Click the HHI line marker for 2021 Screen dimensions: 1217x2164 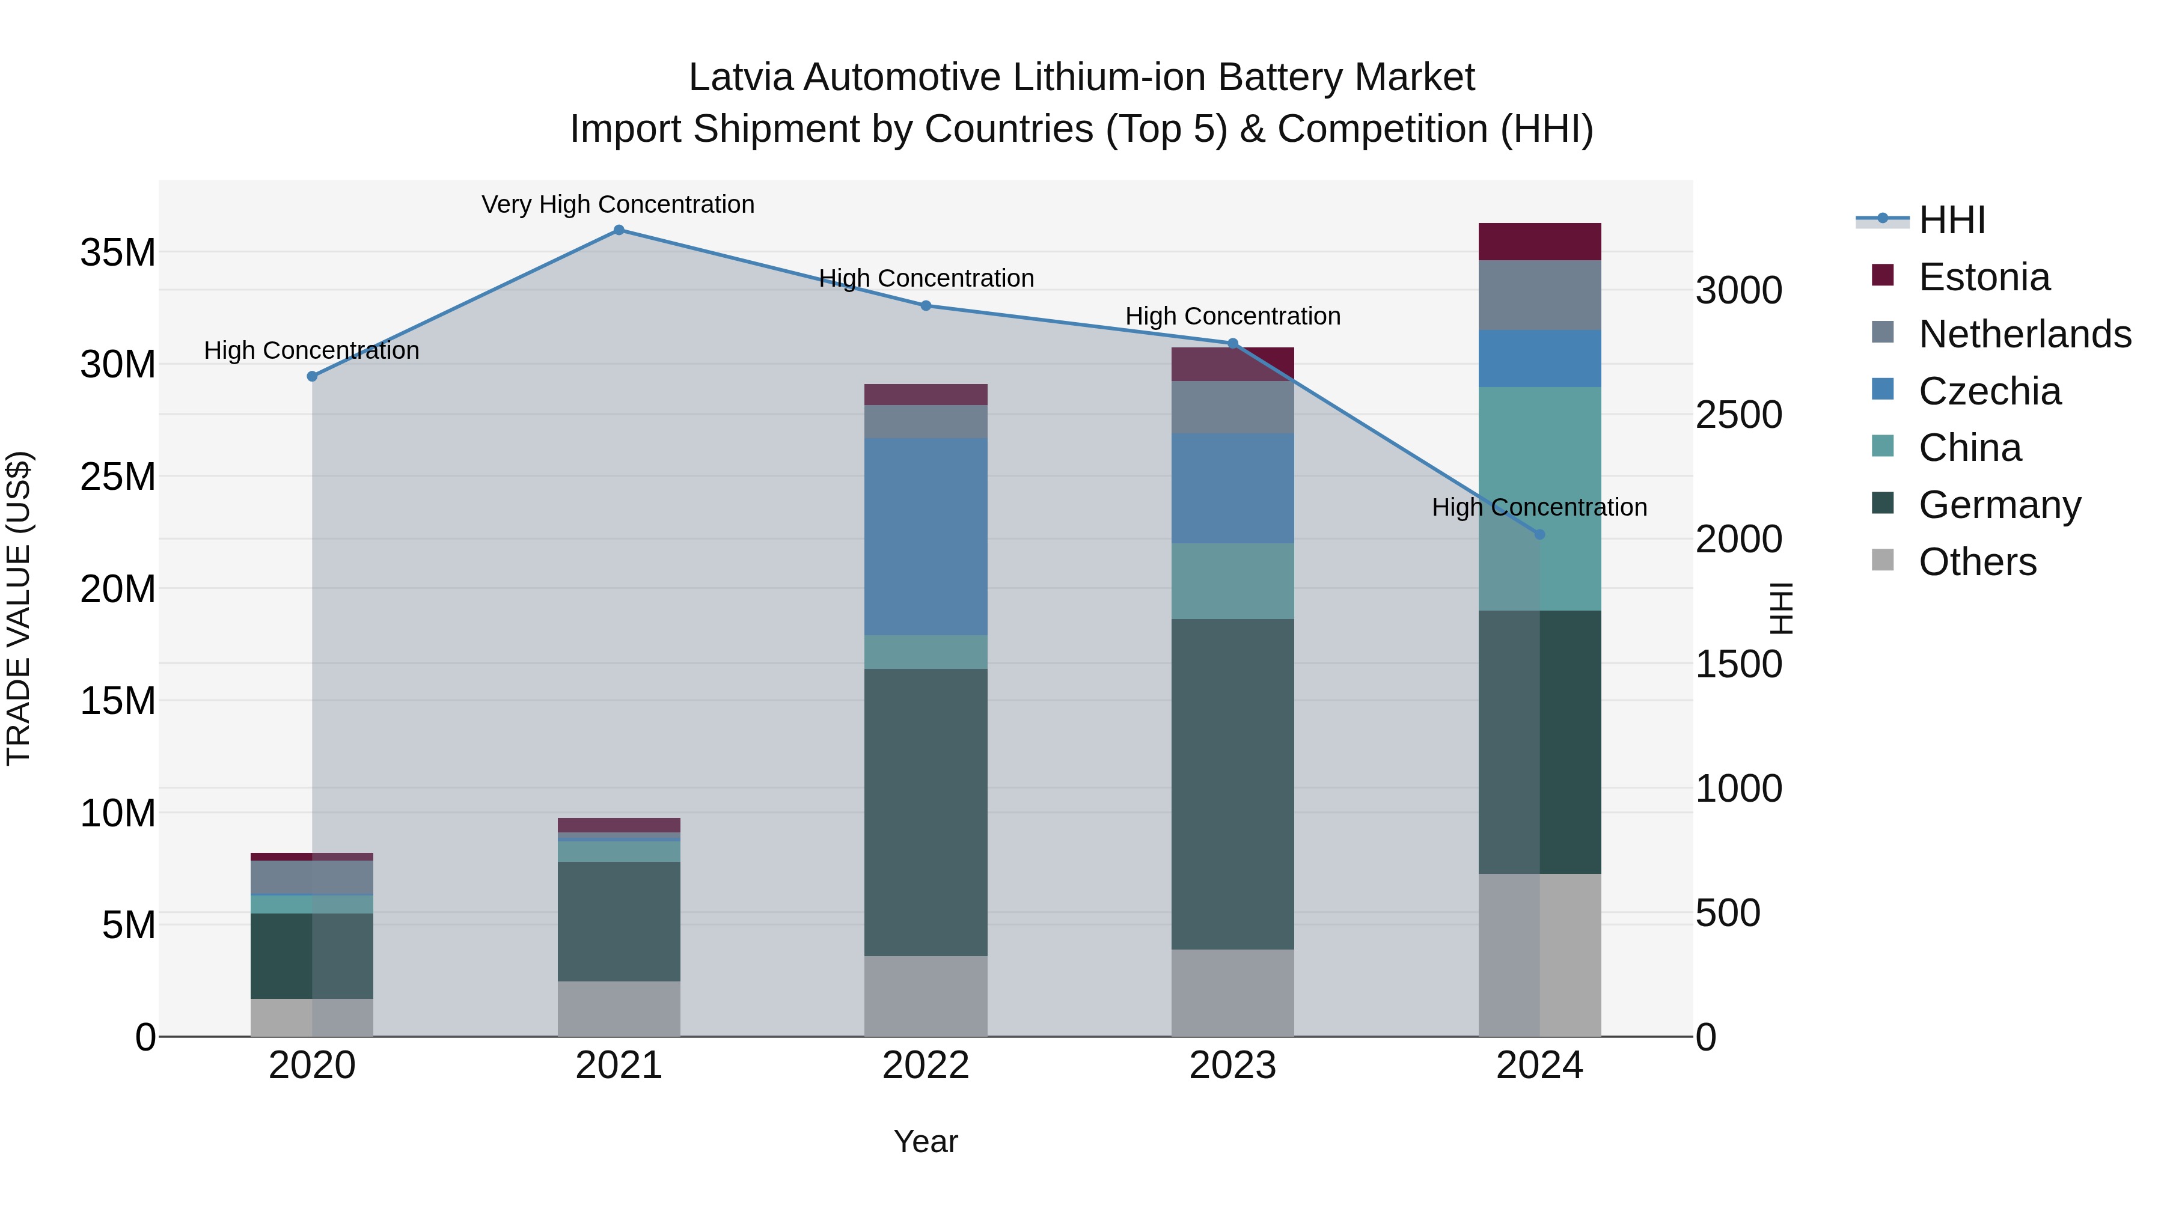pos(619,230)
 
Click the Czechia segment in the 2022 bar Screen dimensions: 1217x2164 pos(926,537)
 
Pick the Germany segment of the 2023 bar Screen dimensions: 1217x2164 pos(1232,784)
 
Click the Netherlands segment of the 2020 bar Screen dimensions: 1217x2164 pos(311,877)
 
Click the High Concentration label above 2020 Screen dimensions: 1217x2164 pos(311,351)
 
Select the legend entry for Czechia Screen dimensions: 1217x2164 pos(1989,391)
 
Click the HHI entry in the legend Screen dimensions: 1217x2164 pos(1951,220)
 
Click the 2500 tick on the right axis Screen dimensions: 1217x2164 pos(1738,415)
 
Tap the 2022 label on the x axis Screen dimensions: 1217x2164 pos(926,1066)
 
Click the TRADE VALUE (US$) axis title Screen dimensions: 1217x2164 pos(19,608)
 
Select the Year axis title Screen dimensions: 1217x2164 pos(926,1141)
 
